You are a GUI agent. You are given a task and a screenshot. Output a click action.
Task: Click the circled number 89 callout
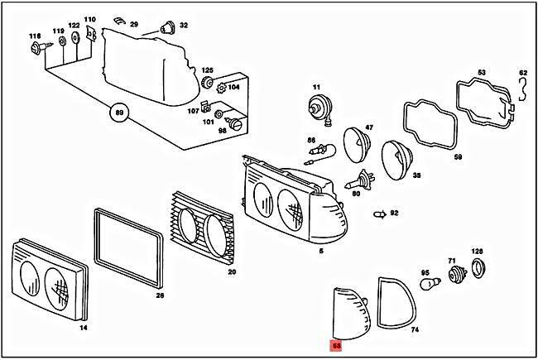click(121, 113)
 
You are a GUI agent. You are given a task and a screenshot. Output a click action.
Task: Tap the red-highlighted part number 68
click(337, 345)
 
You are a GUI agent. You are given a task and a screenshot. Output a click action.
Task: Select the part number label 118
click(34, 36)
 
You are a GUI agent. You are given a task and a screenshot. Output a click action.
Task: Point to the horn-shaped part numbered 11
click(316, 105)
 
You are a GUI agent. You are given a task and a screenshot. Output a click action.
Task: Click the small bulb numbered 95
click(428, 286)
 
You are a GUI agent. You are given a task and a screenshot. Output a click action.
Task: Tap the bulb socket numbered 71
click(453, 276)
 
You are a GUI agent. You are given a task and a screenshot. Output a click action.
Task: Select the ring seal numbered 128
click(477, 266)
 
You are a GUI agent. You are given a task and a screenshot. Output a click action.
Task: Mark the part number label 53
click(483, 73)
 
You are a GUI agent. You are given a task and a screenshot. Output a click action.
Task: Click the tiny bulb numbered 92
click(379, 214)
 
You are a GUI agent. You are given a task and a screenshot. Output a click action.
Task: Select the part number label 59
click(458, 156)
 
